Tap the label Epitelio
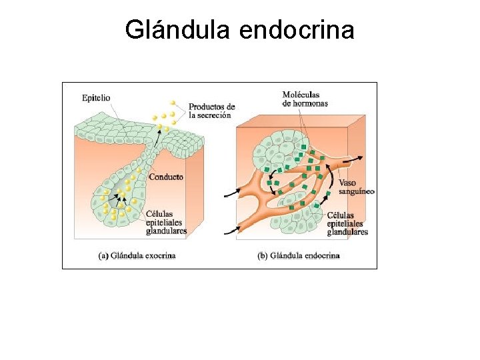click(x=96, y=97)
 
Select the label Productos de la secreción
click(x=211, y=111)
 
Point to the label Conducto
click(x=166, y=177)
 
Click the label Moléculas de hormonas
click(x=305, y=99)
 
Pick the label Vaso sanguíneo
click(x=356, y=187)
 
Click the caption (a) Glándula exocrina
click(x=137, y=255)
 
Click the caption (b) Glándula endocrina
click(x=298, y=255)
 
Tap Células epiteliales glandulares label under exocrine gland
click(x=166, y=223)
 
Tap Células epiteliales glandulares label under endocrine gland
click(x=347, y=223)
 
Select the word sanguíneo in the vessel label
click(x=357, y=191)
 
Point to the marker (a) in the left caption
click(x=103, y=255)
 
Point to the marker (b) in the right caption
click(x=263, y=255)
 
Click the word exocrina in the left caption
click(x=161, y=255)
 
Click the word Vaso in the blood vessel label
click(x=347, y=183)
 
